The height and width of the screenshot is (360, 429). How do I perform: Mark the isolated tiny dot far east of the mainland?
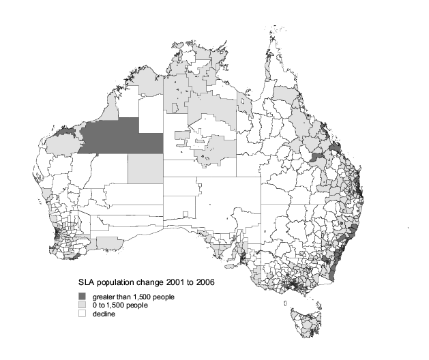[408, 226]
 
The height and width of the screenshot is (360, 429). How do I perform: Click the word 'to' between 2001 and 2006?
[180, 283]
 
